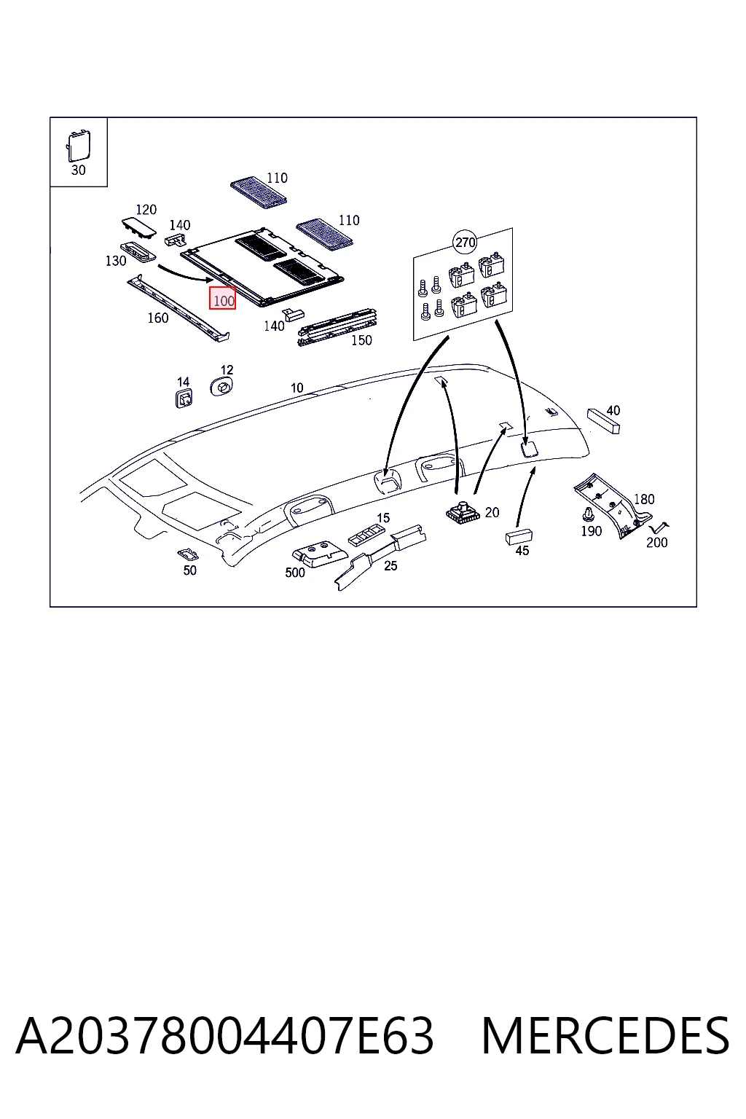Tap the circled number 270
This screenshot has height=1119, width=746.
(x=465, y=243)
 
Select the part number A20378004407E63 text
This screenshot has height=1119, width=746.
(x=225, y=1035)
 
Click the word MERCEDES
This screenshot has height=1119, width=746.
(x=605, y=1035)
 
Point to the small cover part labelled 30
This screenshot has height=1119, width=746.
(x=79, y=145)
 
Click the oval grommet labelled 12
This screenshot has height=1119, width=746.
(x=221, y=386)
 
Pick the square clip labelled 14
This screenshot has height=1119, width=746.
(x=184, y=398)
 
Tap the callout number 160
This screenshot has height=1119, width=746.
(x=158, y=318)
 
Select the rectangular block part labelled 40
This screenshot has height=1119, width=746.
(x=604, y=421)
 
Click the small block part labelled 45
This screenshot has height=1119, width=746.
(x=519, y=537)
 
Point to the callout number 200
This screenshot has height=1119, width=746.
(x=656, y=543)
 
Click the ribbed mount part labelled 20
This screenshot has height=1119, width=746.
(x=463, y=512)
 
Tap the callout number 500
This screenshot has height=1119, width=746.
(x=295, y=573)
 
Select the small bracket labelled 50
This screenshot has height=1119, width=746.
(x=188, y=554)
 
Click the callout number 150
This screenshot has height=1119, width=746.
(x=361, y=340)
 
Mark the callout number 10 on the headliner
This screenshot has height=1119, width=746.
(x=297, y=388)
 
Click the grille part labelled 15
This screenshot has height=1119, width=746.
(x=366, y=535)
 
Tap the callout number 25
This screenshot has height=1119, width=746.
(x=390, y=565)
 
